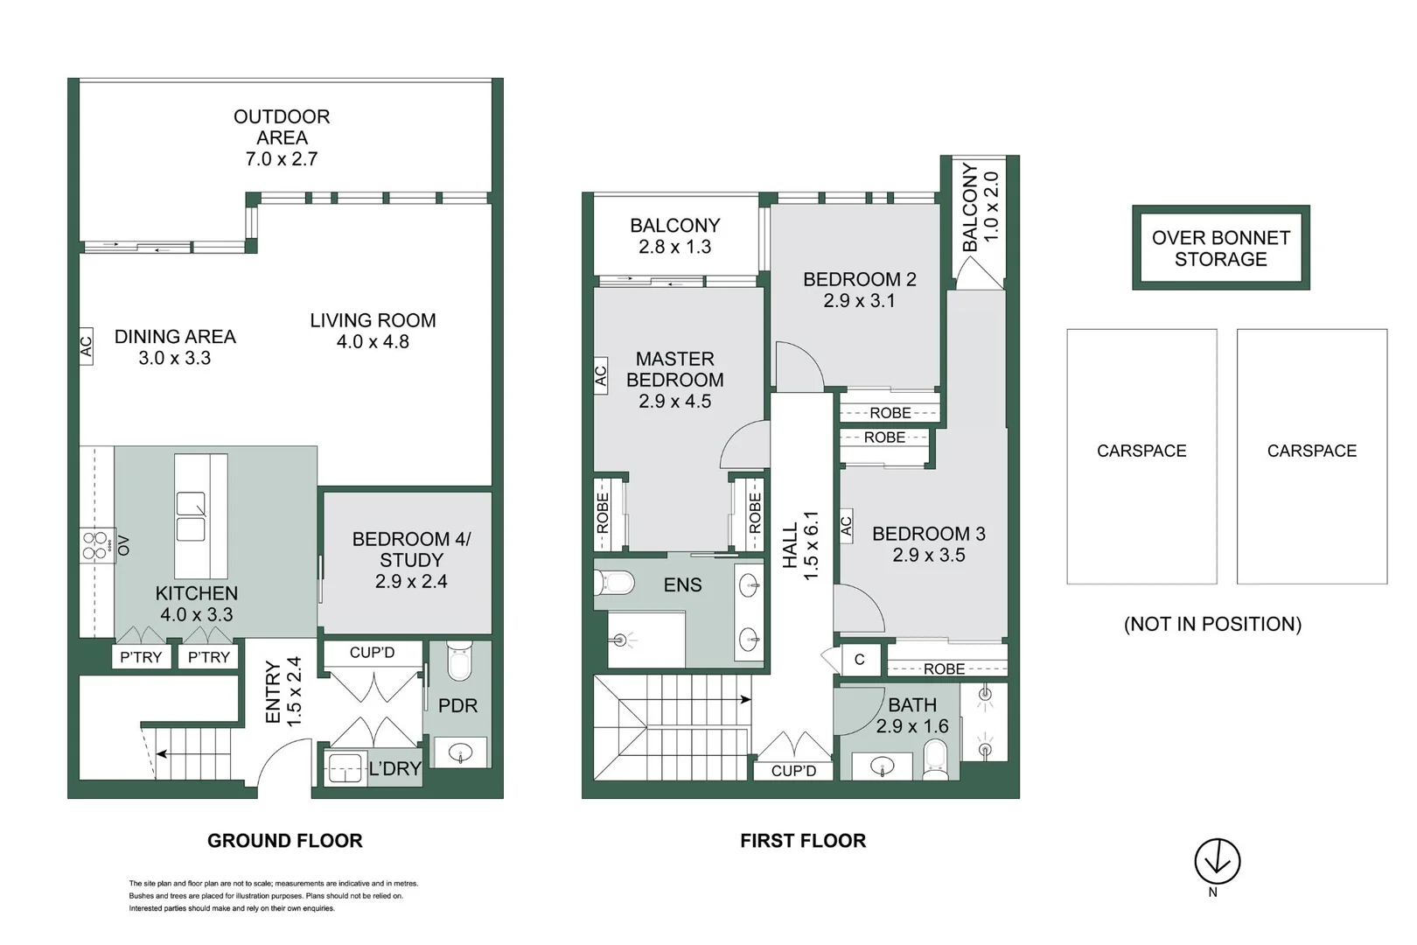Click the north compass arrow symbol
1217,861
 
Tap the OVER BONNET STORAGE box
1220,248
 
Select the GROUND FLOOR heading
284,841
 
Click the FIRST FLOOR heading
802,841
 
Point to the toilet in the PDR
459,662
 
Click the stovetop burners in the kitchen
94,545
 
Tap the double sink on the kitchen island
191,517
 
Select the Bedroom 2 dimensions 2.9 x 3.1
859,301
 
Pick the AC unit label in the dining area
86,346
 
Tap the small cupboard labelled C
859,660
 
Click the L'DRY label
394,769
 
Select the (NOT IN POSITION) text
1212,625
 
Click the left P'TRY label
140,657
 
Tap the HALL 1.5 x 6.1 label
800,546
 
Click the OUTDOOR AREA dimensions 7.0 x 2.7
281,159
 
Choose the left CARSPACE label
1141,451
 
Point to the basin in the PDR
460,752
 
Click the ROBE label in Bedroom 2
890,412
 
